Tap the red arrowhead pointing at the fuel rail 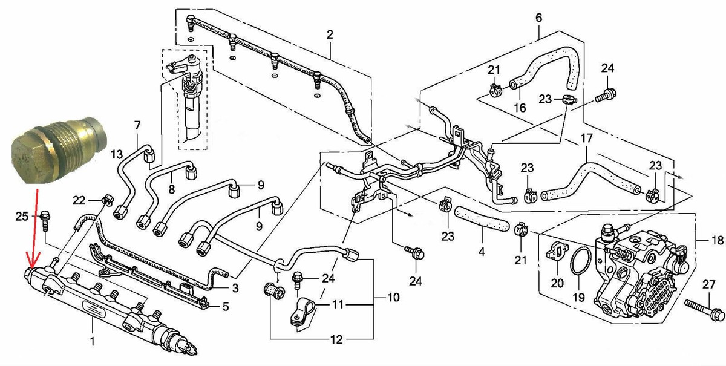(x=33, y=261)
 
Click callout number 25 (x=22, y=216)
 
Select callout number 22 (x=79, y=200)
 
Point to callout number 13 (x=117, y=154)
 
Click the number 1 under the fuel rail (x=92, y=341)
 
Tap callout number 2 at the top (x=330, y=34)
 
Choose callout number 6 (x=538, y=18)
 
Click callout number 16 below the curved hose (x=520, y=108)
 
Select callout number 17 (x=586, y=139)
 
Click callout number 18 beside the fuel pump (x=718, y=240)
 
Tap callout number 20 (x=557, y=283)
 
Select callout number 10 (x=393, y=297)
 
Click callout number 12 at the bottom (x=336, y=339)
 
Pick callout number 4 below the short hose (x=482, y=251)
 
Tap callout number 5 (x=226, y=306)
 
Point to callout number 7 (x=137, y=125)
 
